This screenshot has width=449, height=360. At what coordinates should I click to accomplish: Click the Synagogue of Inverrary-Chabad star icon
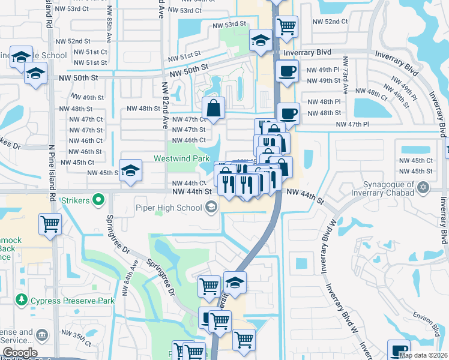click(424, 187)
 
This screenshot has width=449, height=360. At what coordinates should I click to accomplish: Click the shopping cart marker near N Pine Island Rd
click(50, 224)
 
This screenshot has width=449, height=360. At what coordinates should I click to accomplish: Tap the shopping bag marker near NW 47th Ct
click(213, 108)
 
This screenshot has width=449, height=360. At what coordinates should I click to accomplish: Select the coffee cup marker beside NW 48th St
click(289, 112)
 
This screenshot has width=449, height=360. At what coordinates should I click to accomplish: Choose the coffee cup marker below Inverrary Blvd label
click(286, 71)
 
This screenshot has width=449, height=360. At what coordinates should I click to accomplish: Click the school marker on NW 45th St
click(130, 170)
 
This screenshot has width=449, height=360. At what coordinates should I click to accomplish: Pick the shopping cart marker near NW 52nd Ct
click(286, 26)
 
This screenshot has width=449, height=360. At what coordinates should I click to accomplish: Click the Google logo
click(20, 352)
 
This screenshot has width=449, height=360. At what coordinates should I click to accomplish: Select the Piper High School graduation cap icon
click(211, 208)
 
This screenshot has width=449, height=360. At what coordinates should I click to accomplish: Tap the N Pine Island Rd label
click(52, 162)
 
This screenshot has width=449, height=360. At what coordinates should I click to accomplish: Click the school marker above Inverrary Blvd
click(261, 40)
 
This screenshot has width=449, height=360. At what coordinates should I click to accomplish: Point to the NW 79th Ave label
click(346, 76)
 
